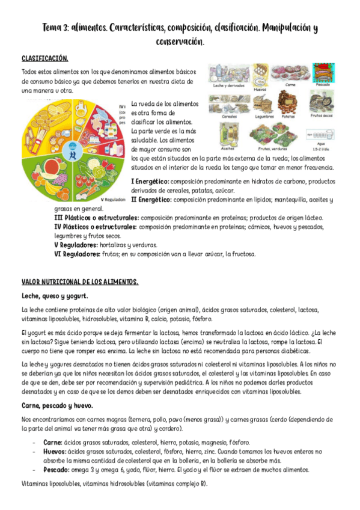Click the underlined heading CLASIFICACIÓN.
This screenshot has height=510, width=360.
45,59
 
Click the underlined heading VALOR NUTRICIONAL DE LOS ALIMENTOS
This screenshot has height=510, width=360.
80,281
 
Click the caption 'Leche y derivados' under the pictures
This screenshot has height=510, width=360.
230,85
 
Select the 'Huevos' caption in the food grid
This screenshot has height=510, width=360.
260,89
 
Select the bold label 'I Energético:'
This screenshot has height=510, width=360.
150,181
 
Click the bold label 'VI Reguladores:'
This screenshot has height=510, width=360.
76,254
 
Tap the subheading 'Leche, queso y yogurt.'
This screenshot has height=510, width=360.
55,296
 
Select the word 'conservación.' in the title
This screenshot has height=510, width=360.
180,42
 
